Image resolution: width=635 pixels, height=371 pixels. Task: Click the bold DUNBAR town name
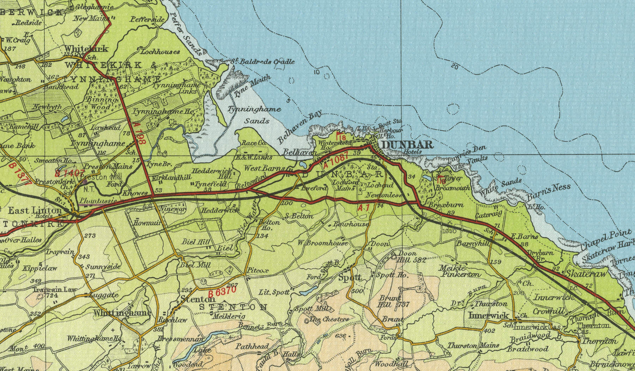point(407,145)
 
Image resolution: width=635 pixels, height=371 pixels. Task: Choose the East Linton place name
point(35,211)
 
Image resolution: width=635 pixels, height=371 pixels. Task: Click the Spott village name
point(350,278)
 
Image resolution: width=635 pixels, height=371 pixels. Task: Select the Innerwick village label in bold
point(489,315)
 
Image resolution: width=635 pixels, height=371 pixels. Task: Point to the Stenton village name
point(193,299)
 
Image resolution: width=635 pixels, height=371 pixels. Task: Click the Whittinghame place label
point(122,313)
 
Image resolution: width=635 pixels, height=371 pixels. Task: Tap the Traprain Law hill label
point(54,290)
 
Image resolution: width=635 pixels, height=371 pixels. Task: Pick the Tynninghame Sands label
point(254,115)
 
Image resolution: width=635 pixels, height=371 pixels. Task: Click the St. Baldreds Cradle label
point(265,62)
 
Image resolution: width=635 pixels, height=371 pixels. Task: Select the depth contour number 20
point(454,66)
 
